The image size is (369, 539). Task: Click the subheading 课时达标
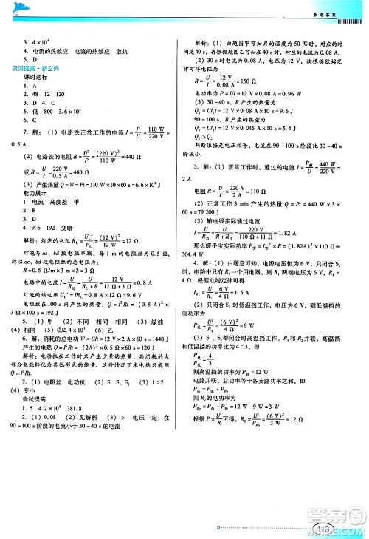coord(35,77)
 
